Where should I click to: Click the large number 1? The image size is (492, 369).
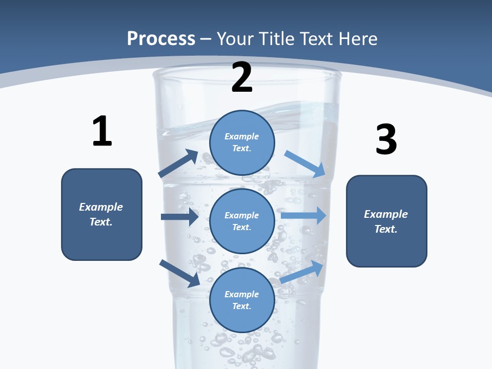point(102,132)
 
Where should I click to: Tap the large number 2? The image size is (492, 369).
point(242,77)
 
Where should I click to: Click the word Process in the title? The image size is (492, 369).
point(161,38)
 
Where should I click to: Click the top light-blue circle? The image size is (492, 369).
point(242,142)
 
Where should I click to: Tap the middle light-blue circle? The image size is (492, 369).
point(242,221)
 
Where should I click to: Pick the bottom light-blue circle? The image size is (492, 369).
point(242,300)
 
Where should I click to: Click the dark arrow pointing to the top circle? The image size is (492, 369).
point(178,163)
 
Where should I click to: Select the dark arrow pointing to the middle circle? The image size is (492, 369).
point(179,217)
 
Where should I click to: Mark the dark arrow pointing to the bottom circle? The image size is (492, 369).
point(179,273)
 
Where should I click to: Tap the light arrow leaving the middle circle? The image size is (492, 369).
point(304,215)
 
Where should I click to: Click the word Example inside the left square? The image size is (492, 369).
point(101,207)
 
